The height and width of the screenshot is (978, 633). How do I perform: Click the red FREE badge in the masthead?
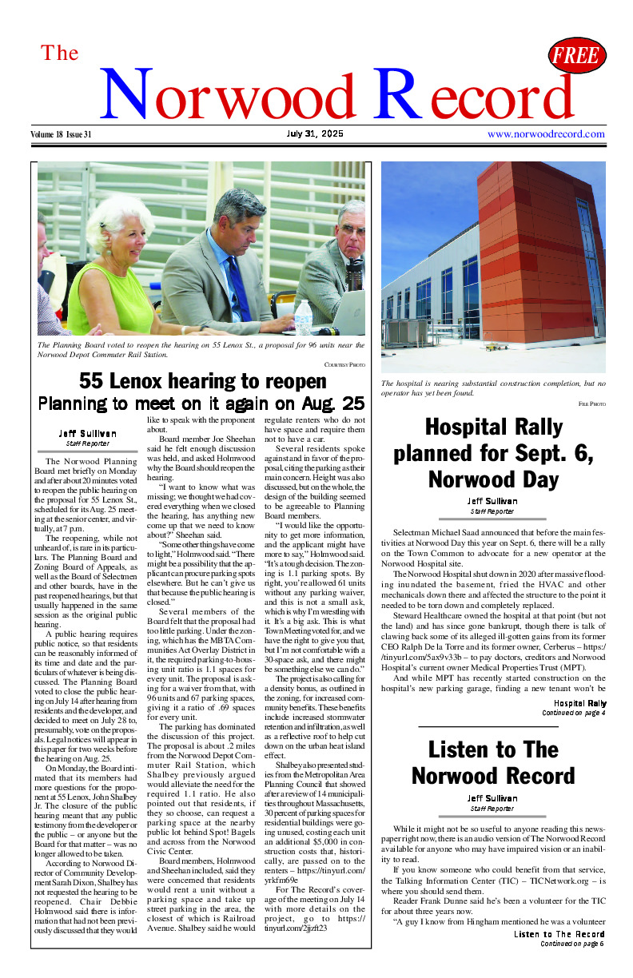[577, 56]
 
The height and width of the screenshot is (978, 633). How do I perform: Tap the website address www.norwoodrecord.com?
[546, 134]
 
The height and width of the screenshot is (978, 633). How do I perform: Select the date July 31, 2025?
[314, 134]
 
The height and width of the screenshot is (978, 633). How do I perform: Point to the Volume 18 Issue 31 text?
[62, 134]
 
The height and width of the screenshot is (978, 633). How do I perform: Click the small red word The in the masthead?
[60, 54]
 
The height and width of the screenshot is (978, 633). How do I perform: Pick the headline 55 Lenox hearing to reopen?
[201, 380]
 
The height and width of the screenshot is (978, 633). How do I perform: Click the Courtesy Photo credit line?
[344, 364]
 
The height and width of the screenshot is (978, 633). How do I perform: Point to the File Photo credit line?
[591, 404]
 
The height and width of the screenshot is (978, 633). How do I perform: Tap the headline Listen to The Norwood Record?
[493, 762]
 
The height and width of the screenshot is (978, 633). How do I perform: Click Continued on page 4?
[573, 713]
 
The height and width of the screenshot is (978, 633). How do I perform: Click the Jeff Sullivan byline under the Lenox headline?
[86, 433]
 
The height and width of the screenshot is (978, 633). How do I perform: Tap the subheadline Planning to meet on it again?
[201, 403]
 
